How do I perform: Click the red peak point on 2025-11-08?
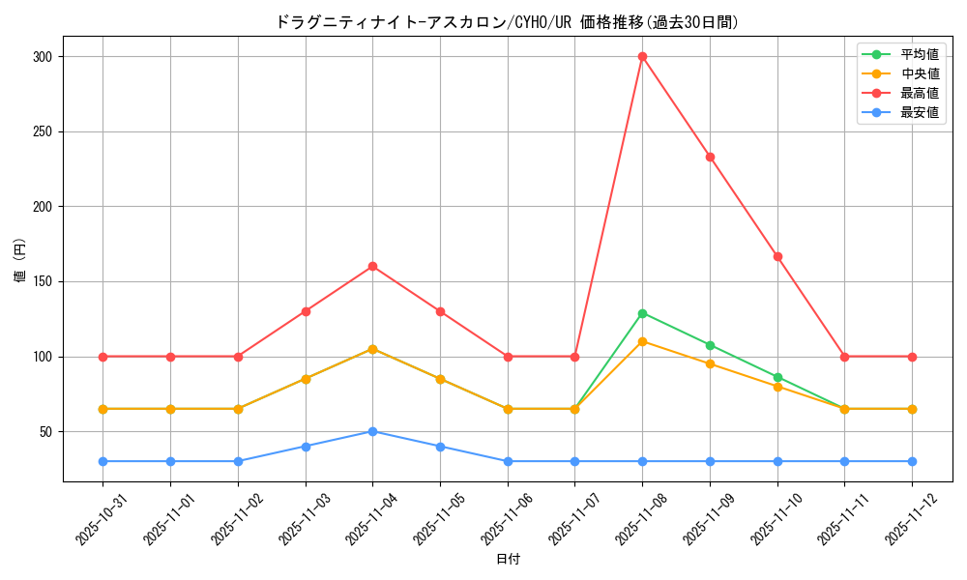click(x=642, y=56)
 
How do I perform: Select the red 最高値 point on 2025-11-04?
click(x=372, y=266)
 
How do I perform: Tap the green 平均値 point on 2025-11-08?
click(x=642, y=313)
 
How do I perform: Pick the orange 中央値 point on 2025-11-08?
click(x=642, y=341)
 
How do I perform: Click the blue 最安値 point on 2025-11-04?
click(x=372, y=431)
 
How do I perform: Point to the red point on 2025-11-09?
click(x=710, y=157)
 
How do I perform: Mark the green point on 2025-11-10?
click(x=777, y=377)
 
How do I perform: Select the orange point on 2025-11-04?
click(x=372, y=349)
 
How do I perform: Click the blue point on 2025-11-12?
click(x=912, y=461)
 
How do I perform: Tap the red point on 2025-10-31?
click(x=103, y=357)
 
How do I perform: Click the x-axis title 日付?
click(x=508, y=560)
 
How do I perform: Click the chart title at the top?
click(x=508, y=21)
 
